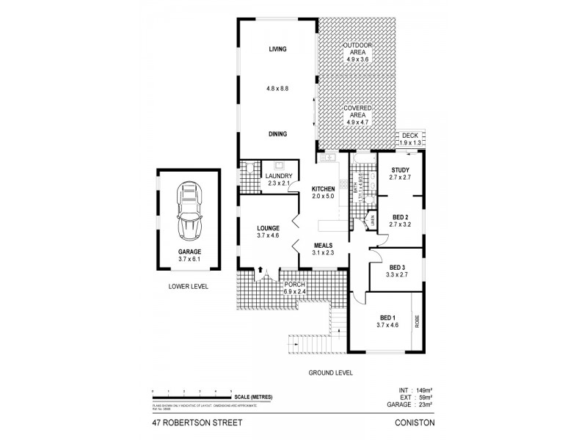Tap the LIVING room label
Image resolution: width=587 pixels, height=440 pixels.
pos(277,49)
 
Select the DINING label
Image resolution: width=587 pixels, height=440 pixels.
pos(277,133)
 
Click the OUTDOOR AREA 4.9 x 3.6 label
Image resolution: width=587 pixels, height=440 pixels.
pos(359,49)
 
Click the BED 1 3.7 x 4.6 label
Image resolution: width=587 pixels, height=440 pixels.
pos(386,320)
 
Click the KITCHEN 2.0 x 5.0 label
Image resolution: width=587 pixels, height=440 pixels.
pos(323,192)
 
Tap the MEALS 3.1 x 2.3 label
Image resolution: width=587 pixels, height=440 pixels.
pos(323,249)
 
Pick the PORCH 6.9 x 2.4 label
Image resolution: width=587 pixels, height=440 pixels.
pos(294,288)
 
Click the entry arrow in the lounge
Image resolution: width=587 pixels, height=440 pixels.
pos(259,269)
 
